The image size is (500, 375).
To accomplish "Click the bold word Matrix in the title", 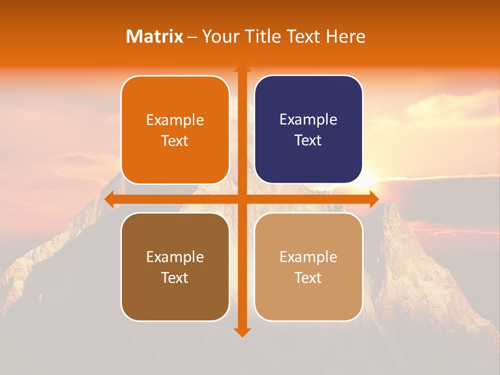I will (155, 36).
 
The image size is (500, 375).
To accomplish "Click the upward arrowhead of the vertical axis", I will (242, 69).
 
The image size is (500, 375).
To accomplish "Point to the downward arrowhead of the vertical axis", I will (242, 332).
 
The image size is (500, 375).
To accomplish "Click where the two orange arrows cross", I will (242, 199).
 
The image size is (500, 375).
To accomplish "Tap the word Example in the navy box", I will (308, 119).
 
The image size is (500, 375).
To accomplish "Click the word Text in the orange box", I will (175, 141).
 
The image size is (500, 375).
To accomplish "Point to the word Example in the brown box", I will (175, 257).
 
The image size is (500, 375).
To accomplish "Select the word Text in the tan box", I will (308, 278).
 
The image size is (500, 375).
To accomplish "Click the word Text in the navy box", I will (308, 140).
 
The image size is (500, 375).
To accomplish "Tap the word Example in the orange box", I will (175, 120).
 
